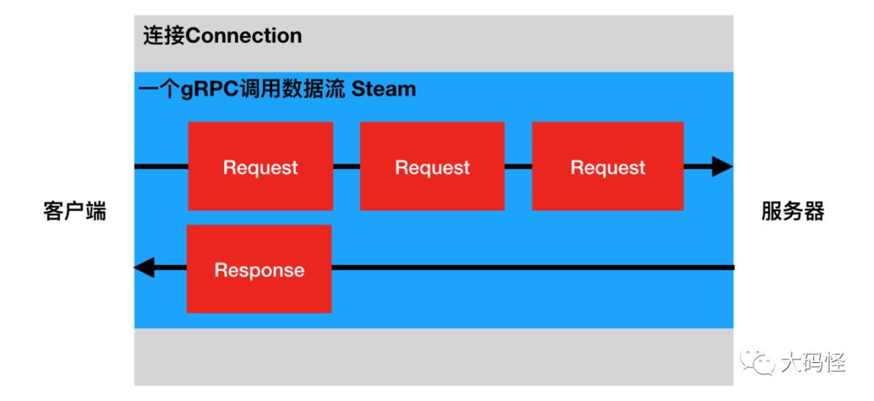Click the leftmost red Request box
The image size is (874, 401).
(x=261, y=167)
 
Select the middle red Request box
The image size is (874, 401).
(x=432, y=167)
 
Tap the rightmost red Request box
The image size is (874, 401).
(x=608, y=167)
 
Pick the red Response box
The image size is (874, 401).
(x=259, y=269)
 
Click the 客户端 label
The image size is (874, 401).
(x=74, y=212)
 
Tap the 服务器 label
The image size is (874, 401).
(x=792, y=212)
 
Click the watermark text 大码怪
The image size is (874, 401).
(x=812, y=364)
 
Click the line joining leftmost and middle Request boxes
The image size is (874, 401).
(x=346, y=167)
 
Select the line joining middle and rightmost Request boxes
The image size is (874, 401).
(x=518, y=167)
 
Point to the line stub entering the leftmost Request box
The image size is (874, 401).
(x=161, y=167)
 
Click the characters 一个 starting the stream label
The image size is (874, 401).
(x=154, y=89)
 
